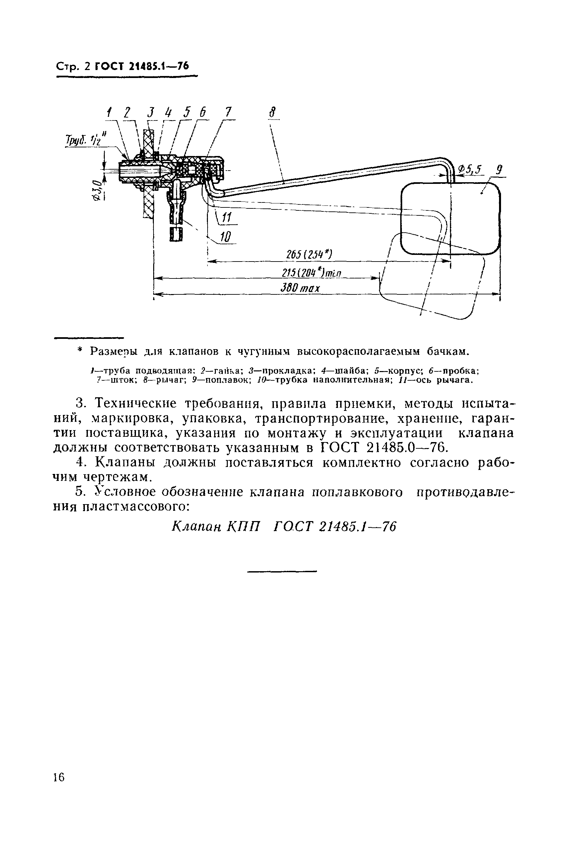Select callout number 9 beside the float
click(x=499, y=170)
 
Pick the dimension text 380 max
click(x=300, y=288)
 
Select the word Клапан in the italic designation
click(x=196, y=526)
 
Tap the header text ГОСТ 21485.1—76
click(x=142, y=66)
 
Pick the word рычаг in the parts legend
click(x=171, y=380)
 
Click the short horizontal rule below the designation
click(x=282, y=572)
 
